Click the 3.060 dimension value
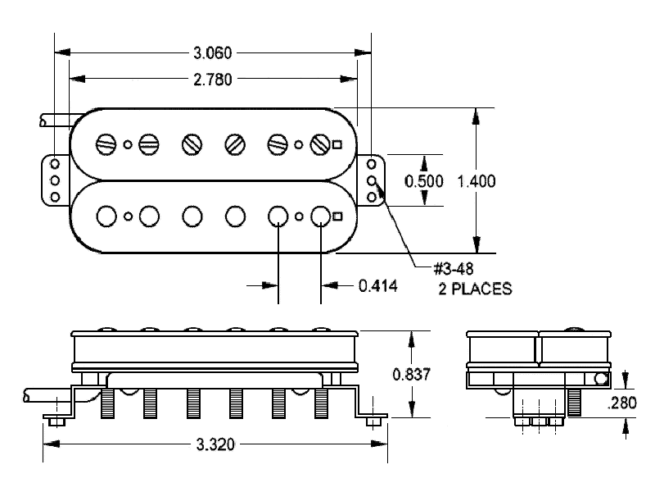[x=213, y=54]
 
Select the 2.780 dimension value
[x=213, y=79]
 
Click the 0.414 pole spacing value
[x=377, y=285]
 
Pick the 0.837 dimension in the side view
[x=410, y=375]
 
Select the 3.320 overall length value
[x=215, y=445]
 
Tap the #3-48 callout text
[x=455, y=268]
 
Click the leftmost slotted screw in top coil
[x=106, y=144]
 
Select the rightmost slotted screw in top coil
[x=320, y=145]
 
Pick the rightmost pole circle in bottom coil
[x=320, y=216]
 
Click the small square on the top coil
[x=337, y=145]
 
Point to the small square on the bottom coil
[x=337, y=216]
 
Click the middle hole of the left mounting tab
[x=56, y=180]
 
